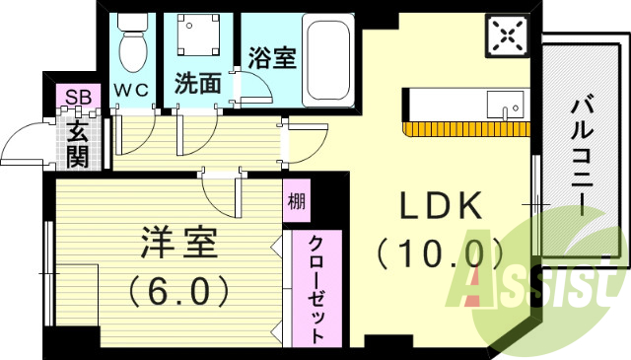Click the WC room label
click(x=130, y=90)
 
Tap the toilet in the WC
click(x=129, y=42)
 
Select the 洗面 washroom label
click(x=198, y=84)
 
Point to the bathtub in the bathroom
click(x=329, y=58)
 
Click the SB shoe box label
click(x=75, y=97)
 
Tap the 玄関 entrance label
click(x=77, y=142)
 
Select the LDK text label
click(x=441, y=207)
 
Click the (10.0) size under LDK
click(x=434, y=253)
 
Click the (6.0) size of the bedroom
click(x=178, y=290)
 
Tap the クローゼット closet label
click(x=315, y=289)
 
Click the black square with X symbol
click(x=508, y=36)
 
